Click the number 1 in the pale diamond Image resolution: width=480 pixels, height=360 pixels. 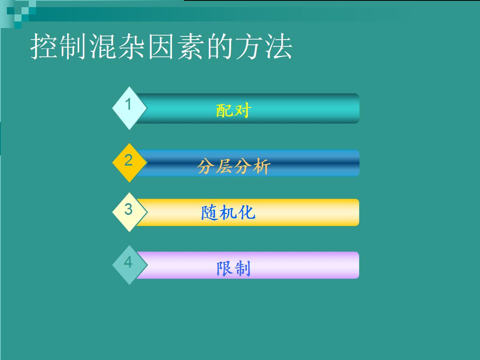point(128,104)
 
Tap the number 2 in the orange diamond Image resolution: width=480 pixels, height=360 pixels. point(128,160)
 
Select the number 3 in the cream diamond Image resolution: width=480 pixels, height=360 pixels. point(128,209)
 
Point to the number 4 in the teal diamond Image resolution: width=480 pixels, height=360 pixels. point(128,262)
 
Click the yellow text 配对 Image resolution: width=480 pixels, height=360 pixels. point(233,110)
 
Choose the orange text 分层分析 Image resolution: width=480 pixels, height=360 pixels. point(233,166)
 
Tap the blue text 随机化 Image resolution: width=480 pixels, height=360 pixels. point(228,212)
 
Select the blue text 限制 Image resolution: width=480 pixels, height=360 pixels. point(233,268)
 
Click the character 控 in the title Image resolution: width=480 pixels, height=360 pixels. point(44,46)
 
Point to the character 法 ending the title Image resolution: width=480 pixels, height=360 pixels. point(279,46)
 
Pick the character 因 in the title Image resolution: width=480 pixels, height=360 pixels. point(161,46)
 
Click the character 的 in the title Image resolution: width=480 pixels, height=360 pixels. point(220,46)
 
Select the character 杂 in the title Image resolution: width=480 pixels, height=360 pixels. point(132,46)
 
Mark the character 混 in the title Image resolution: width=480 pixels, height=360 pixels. point(102,46)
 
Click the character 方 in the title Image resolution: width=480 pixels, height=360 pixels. point(249,46)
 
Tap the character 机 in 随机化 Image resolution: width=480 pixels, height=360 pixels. point(228,212)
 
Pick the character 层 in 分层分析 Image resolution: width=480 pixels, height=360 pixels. point(224,166)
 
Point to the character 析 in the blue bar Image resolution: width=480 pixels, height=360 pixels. point(261,166)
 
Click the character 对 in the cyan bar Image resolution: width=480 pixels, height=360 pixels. point(242,110)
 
